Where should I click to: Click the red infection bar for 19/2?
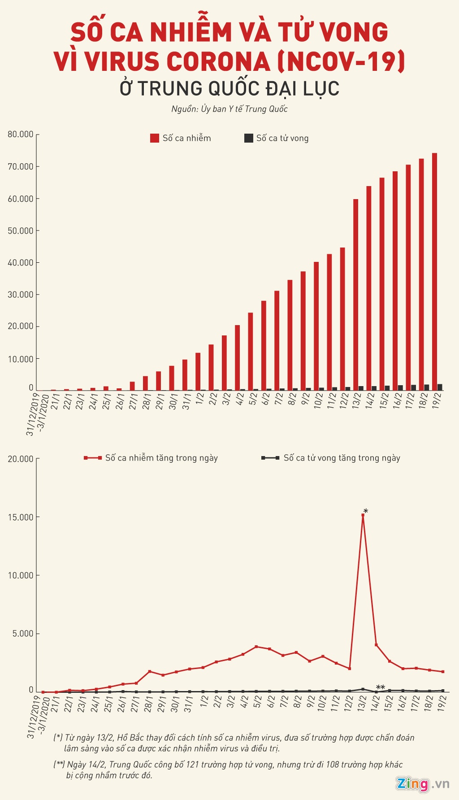click(434, 272)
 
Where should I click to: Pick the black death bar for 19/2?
click(440, 387)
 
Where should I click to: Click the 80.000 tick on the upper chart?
click(21, 134)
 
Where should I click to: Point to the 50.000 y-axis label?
click(21, 230)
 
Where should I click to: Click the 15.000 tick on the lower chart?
click(21, 517)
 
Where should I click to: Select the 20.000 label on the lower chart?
click(21, 459)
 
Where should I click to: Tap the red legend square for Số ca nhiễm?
click(155, 138)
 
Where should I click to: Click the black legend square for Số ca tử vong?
click(248, 138)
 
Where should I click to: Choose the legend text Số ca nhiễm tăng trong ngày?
click(161, 458)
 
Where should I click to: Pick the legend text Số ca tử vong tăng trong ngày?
click(342, 458)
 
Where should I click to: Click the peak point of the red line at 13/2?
click(363, 515)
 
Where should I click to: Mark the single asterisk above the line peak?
click(366, 511)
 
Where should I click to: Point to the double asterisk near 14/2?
click(380, 687)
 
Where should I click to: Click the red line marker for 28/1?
click(149, 671)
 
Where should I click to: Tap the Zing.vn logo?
click(422, 784)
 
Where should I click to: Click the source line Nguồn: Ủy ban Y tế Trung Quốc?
click(229, 109)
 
